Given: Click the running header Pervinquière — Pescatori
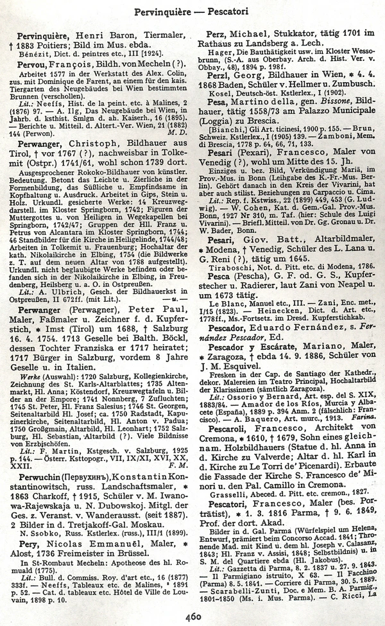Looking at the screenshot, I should coord(193,11).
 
